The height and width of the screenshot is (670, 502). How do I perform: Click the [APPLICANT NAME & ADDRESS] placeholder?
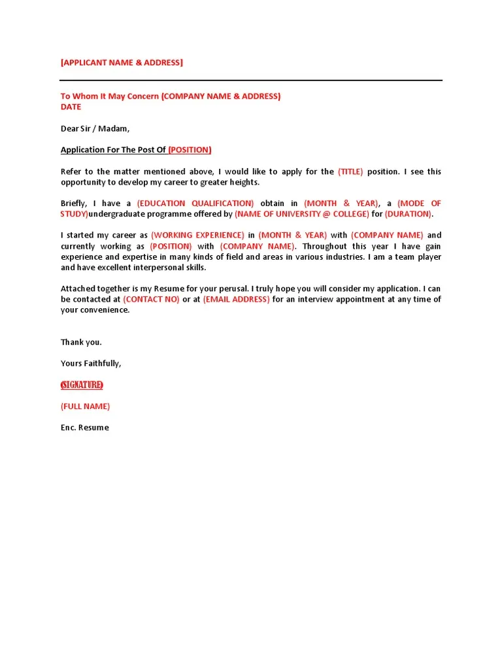click(122, 63)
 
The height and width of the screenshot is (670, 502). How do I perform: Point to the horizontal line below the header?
click(251, 80)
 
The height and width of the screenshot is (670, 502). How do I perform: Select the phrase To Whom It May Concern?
click(110, 96)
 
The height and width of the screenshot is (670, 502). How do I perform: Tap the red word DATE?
click(71, 107)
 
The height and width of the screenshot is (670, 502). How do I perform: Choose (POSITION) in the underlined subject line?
click(190, 150)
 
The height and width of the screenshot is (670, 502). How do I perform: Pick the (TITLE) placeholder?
click(350, 171)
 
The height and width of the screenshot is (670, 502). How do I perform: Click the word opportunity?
click(84, 183)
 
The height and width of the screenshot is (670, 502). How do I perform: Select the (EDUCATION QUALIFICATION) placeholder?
click(195, 203)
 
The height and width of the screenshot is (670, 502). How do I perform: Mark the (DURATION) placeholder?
click(409, 214)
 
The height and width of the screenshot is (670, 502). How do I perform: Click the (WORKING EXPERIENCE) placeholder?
click(197, 235)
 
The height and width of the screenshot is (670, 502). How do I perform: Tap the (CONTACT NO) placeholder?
click(151, 299)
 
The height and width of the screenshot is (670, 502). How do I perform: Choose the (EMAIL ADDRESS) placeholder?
click(236, 299)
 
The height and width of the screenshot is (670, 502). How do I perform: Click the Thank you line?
click(81, 342)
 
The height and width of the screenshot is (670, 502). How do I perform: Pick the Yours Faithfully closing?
click(91, 363)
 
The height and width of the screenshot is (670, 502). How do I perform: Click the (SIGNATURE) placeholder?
click(82, 385)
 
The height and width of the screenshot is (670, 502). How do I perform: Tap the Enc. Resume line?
click(85, 427)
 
